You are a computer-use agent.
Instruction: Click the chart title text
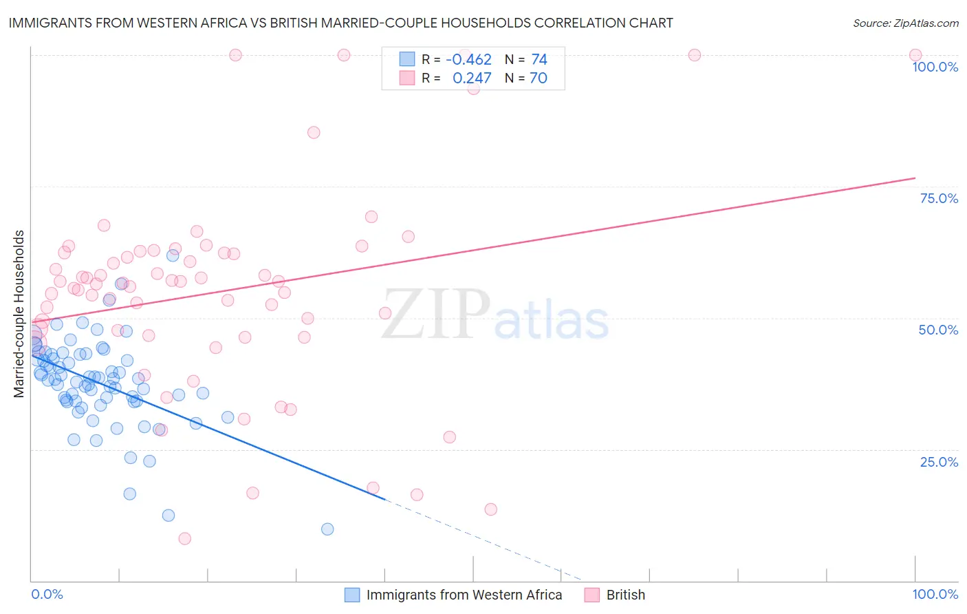point(340,23)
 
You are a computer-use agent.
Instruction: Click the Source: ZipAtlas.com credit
point(905,23)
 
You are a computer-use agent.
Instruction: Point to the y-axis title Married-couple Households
point(19,314)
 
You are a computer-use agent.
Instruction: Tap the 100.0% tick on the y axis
point(935,67)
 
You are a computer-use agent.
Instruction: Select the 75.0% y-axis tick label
point(939,198)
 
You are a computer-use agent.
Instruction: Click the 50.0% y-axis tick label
point(938,330)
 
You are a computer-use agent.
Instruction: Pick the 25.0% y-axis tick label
point(939,462)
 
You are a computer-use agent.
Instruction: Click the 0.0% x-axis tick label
point(47,594)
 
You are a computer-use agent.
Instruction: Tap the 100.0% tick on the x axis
point(935,594)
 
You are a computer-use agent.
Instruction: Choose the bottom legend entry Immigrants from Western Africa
point(464,595)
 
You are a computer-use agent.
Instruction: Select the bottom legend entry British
point(625,595)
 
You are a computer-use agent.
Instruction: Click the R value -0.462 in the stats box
point(468,60)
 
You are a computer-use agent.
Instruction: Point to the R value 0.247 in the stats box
point(472,78)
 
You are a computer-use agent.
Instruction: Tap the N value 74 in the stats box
point(539,60)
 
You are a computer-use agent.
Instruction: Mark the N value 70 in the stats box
point(539,78)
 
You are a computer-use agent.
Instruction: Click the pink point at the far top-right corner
point(915,55)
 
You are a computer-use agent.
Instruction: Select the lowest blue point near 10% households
point(327,529)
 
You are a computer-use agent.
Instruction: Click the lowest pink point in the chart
point(184,538)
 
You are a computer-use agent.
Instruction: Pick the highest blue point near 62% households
point(173,255)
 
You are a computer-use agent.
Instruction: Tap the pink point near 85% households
point(314,132)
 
